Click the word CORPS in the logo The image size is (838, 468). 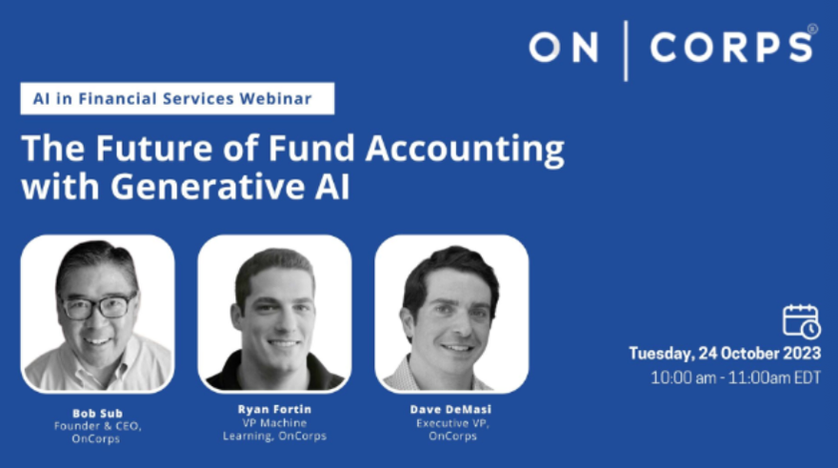click(731, 47)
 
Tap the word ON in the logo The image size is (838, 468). click(564, 47)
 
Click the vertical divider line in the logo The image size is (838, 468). click(626, 51)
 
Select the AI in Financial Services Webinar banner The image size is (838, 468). click(177, 98)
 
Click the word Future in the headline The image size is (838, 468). click(154, 148)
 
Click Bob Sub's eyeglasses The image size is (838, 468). click(98, 307)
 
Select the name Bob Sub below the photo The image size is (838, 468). click(98, 414)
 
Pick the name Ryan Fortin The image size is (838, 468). click(274, 409)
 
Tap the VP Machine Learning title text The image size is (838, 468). click(274, 430)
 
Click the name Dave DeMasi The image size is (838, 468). click(451, 409)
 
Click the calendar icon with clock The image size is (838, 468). click(801, 321)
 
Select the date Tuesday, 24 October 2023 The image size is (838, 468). click(725, 354)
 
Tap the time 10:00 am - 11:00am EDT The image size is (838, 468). click(735, 377)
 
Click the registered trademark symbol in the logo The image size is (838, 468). click(812, 29)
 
